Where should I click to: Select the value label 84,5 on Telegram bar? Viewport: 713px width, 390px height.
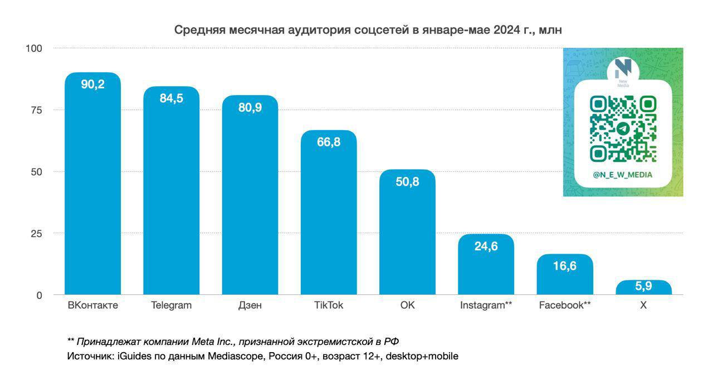tap(171, 98)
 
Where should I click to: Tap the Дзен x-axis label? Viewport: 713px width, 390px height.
tap(250, 305)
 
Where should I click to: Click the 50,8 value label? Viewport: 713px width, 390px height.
tap(407, 182)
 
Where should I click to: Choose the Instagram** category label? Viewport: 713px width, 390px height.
tap(486, 305)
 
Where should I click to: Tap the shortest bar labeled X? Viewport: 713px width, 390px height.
tap(643, 288)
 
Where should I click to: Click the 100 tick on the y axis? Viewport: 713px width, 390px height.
tap(34, 48)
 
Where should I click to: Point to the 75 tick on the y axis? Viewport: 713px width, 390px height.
tap(36, 110)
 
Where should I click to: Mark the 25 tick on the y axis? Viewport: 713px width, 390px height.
tap(36, 234)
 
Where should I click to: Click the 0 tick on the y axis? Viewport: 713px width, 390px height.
tap(39, 295)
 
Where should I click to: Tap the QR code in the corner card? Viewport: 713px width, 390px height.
tap(623, 129)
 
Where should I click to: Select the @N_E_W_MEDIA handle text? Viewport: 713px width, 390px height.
tap(623, 175)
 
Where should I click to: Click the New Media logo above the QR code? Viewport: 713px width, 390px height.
tap(623, 70)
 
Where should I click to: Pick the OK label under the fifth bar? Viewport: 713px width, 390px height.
tap(407, 305)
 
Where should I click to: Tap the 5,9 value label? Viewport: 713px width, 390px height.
tap(643, 287)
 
